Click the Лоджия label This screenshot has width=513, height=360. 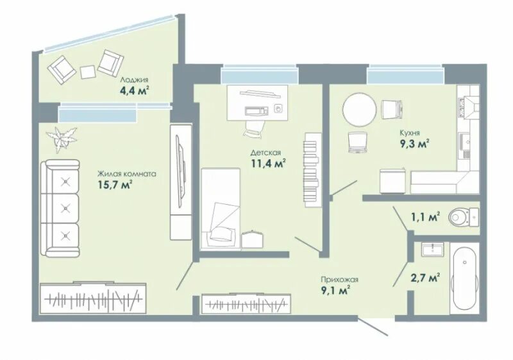click(x=134, y=80)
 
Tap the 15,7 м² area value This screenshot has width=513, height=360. click(x=115, y=185)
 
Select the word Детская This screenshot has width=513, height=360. click(x=265, y=153)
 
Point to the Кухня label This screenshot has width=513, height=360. click(x=410, y=133)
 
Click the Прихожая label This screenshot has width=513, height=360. click(x=340, y=280)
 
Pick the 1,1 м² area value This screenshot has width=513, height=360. click(x=425, y=217)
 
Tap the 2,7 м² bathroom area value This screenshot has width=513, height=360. click(x=425, y=278)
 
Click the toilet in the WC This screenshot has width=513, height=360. click(x=464, y=216)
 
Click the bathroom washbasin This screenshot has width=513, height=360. click(x=432, y=250)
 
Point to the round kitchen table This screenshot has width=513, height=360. click(x=360, y=109)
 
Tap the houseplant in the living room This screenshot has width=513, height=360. click(x=62, y=139)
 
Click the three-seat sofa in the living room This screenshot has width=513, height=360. click(x=60, y=208)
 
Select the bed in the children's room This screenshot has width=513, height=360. click(x=220, y=209)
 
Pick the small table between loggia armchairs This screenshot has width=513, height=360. click(x=88, y=72)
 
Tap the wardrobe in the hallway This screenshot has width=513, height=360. click(x=246, y=304)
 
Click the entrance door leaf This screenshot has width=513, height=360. click(x=373, y=326)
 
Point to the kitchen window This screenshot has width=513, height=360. click(x=406, y=75)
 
